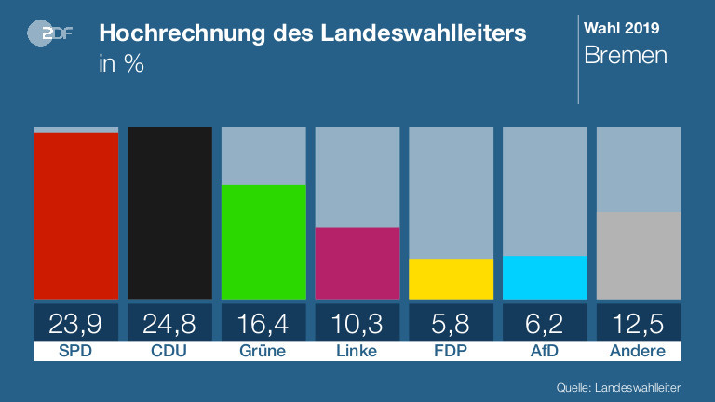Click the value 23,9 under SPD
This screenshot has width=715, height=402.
(76, 323)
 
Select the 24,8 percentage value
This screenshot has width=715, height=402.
(169, 323)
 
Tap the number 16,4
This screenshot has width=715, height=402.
(263, 323)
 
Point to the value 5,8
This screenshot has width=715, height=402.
(451, 323)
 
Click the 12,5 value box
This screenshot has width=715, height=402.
(639, 323)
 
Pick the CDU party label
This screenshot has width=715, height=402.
(169, 352)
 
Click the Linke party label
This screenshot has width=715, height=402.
(357, 352)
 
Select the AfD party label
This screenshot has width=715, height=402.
(545, 352)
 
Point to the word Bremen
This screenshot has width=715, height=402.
(626, 55)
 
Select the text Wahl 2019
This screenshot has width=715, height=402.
(619, 27)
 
